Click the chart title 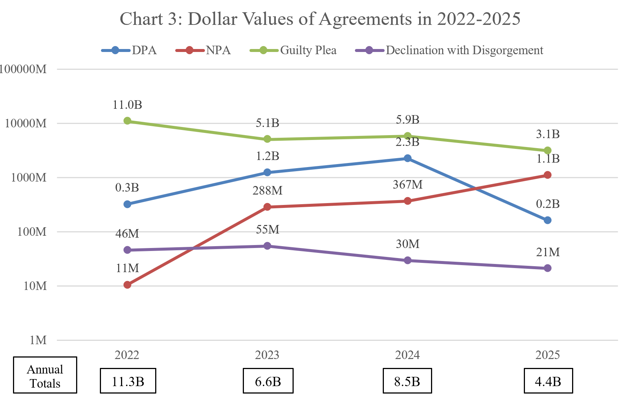(320, 19)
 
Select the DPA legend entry (129, 50)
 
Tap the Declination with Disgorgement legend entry (449, 50)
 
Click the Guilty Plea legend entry (293, 50)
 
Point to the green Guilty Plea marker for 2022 (127, 121)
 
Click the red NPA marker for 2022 (127, 285)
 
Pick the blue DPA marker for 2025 (548, 220)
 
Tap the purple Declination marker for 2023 (267, 246)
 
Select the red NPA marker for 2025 (548, 175)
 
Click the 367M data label (408, 185)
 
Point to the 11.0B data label (127, 105)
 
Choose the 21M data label (548, 252)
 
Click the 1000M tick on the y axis (29, 177)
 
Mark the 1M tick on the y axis (38, 340)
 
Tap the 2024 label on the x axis (407, 355)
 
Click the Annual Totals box (45, 375)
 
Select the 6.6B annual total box (268, 381)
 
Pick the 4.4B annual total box (548, 381)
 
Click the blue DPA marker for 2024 (408, 158)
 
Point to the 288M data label (267, 190)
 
